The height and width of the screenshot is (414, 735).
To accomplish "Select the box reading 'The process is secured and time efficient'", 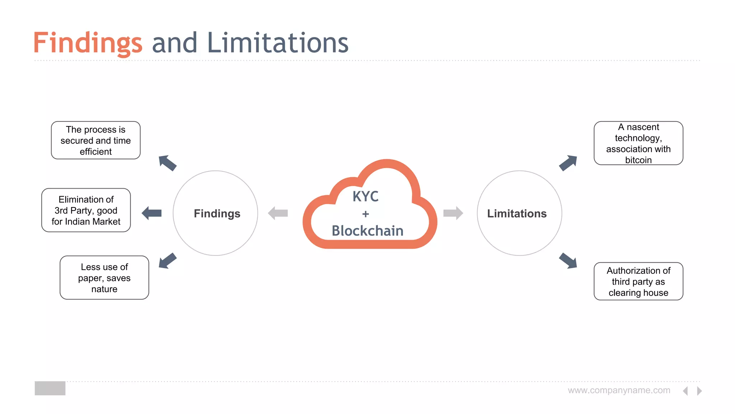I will click(x=96, y=141).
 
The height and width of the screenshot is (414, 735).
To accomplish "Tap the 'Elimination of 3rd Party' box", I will click(x=86, y=210).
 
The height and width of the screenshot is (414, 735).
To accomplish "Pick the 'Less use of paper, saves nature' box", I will click(x=104, y=278).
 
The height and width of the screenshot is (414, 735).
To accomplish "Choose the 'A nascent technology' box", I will click(x=638, y=143).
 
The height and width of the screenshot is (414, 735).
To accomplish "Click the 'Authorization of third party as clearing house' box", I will click(x=638, y=281).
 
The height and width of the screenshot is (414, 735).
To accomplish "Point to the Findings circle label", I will click(x=217, y=213).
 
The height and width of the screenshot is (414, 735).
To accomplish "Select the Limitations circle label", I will click(x=517, y=213).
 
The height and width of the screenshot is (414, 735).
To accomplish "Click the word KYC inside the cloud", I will click(x=365, y=197).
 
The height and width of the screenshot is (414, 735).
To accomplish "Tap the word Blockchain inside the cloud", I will click(x=367, y=231).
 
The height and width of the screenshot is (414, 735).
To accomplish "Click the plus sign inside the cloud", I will click(x=365, y=214).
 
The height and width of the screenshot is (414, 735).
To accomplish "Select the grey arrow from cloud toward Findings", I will click(x=278, y=213).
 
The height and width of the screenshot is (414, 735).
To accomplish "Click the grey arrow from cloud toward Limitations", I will click(x=453, y=213).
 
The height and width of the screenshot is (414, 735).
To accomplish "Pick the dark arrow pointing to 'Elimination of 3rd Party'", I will click(x=152, y=213).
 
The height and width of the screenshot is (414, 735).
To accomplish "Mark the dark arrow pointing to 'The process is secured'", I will click(x=167, y=163).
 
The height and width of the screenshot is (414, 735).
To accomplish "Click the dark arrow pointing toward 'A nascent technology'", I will click(x=568, y=163).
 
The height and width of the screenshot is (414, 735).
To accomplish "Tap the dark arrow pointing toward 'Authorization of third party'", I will click(x=568, y=261).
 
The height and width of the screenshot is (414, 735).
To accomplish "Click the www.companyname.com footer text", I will click(x=619, y=390).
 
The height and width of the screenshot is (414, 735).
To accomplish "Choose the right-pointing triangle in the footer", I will click(x=699, y=391).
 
